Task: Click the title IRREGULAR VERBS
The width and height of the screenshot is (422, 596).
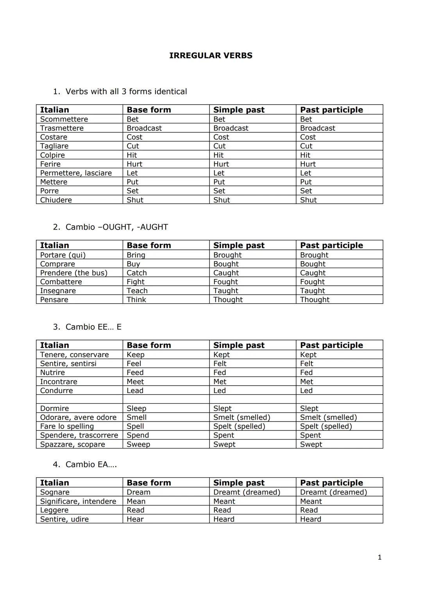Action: point(211,55)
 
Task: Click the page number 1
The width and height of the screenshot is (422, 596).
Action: point(379,557)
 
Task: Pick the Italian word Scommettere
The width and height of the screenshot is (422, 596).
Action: point(64,119)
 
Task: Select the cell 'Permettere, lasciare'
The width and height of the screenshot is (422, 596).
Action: point(76,173)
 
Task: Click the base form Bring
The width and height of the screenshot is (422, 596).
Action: point(136,255)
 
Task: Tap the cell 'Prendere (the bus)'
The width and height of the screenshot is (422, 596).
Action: point(73,273)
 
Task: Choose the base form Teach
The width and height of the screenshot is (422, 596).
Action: point(137,291)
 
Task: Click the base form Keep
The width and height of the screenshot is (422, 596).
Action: point(135,354)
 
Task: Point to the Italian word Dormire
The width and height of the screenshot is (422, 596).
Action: point(54,408)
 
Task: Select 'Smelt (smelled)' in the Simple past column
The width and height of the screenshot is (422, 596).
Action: point(241,417)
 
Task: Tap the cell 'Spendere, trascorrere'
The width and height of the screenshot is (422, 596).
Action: point(79,435)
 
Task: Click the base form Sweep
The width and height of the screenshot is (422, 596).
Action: point(138,444)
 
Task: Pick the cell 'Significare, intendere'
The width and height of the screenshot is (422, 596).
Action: point(78,501)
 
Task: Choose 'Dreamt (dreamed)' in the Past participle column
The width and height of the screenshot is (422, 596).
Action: point(333,492)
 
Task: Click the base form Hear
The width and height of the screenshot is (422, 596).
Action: point(135,519)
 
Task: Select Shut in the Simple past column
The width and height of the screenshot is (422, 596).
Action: point(222,200)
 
